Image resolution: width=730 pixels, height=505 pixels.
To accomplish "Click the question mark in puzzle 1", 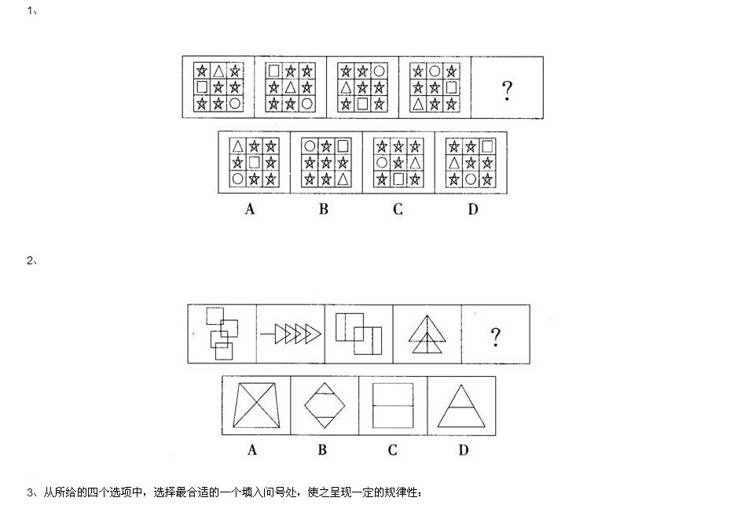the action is point(507,90).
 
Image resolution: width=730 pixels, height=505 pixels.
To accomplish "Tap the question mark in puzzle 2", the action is point(495,337).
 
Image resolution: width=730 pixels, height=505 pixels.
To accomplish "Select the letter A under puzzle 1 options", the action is point(250,208).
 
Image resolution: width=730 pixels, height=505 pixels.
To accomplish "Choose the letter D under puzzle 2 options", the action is point(464,450).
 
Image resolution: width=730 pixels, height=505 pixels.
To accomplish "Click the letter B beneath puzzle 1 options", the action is point(324,208).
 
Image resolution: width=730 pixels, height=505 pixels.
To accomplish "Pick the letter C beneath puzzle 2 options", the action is point(392,450).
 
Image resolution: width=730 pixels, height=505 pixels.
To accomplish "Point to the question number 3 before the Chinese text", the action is point(30,492).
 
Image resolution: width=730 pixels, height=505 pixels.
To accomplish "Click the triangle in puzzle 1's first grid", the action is point(218,72).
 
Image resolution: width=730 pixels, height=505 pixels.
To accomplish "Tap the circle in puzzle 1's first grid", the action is point(235,103).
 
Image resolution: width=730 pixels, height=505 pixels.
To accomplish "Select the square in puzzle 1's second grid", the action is point(273,71).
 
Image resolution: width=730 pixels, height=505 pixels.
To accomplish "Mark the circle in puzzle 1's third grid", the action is point(379,72).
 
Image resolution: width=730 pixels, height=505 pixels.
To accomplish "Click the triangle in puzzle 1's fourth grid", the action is point(418,103).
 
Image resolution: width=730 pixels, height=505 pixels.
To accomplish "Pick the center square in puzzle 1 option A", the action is point(254,162).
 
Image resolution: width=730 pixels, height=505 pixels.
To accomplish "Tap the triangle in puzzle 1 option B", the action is point(343,179).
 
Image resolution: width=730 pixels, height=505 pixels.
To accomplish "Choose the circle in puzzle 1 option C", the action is point(382,163).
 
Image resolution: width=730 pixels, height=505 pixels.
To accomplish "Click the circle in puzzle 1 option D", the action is point(471,179).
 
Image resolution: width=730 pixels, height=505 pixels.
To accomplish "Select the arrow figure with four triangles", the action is point(291,334).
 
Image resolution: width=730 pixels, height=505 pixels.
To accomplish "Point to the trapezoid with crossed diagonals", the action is point(256,405).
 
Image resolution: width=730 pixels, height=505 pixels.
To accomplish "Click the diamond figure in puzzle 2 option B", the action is point(325,405).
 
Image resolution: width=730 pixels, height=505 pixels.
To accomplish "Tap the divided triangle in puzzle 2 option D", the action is point(461,406).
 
